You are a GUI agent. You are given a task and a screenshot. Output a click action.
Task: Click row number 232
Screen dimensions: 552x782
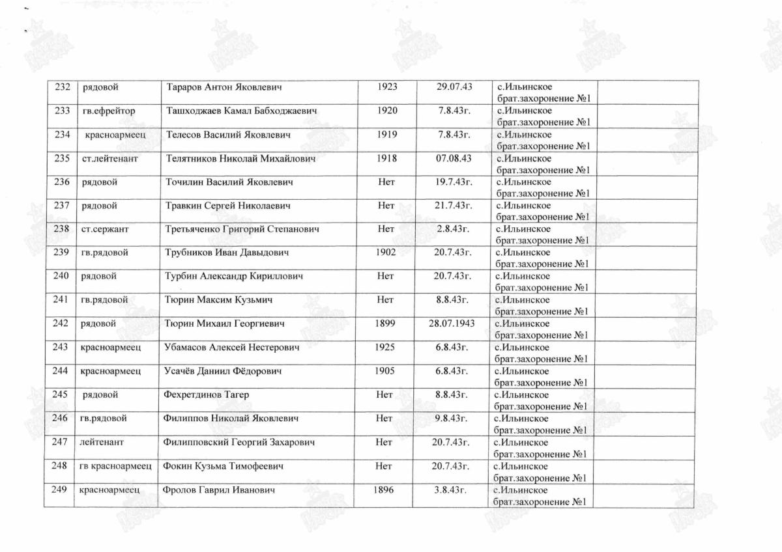tap(63, 87)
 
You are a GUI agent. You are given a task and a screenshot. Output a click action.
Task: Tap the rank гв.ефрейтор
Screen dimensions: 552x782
tap(109, 111)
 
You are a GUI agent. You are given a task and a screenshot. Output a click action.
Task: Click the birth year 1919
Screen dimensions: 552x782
tap(387, 135)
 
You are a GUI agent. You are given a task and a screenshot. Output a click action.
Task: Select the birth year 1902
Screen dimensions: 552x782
tap(386, 253)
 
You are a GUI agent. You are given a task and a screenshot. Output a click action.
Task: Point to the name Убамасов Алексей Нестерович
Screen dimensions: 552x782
tap(233, 347)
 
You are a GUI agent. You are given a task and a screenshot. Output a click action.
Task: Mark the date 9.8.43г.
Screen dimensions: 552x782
tap(452, 418)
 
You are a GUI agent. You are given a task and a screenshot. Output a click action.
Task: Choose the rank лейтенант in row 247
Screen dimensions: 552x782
tap(102, 442)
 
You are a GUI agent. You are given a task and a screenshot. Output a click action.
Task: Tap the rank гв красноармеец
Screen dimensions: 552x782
tap(115, 466)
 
